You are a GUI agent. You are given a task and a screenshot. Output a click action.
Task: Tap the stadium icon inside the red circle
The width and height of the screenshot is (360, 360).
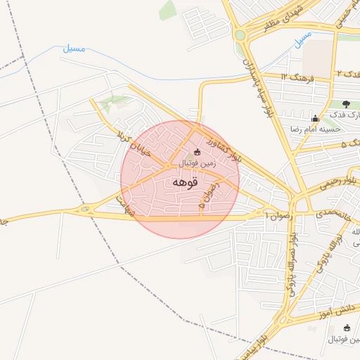pyautogui.click(x=197, y=152)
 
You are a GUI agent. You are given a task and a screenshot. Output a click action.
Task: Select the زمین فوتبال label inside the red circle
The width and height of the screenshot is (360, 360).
pyautogui.click(x=196, y=163)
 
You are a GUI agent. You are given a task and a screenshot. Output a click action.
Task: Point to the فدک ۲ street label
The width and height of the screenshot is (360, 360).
pyautogui.click(x=347, y=73)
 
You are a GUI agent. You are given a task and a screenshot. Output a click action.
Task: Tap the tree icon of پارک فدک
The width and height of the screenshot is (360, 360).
pyautogui.click(x=346, y=104)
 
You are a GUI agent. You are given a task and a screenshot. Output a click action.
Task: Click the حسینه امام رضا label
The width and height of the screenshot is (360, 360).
pyautogui.click(x=314, y=129)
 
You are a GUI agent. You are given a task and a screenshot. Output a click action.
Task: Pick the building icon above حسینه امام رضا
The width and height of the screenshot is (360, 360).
pyautogui.click(x=314, y=118)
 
